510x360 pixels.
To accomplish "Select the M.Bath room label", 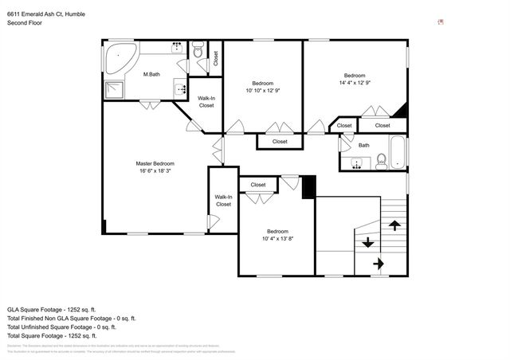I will tap(151, 75).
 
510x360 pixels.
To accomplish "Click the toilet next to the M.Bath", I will tap(198, 53).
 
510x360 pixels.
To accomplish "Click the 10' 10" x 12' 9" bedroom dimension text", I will tap(263, 91).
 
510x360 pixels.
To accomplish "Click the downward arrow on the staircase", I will tap(367, 243).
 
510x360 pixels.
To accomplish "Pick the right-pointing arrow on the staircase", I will tap(378, 263).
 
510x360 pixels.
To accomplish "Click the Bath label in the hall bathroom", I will tap(363, 145).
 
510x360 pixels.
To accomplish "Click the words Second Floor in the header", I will tap(25, 23).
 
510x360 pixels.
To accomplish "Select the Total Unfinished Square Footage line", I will tap(61, 327).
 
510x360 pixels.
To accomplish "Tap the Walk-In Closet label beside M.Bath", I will tap(206, 102).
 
